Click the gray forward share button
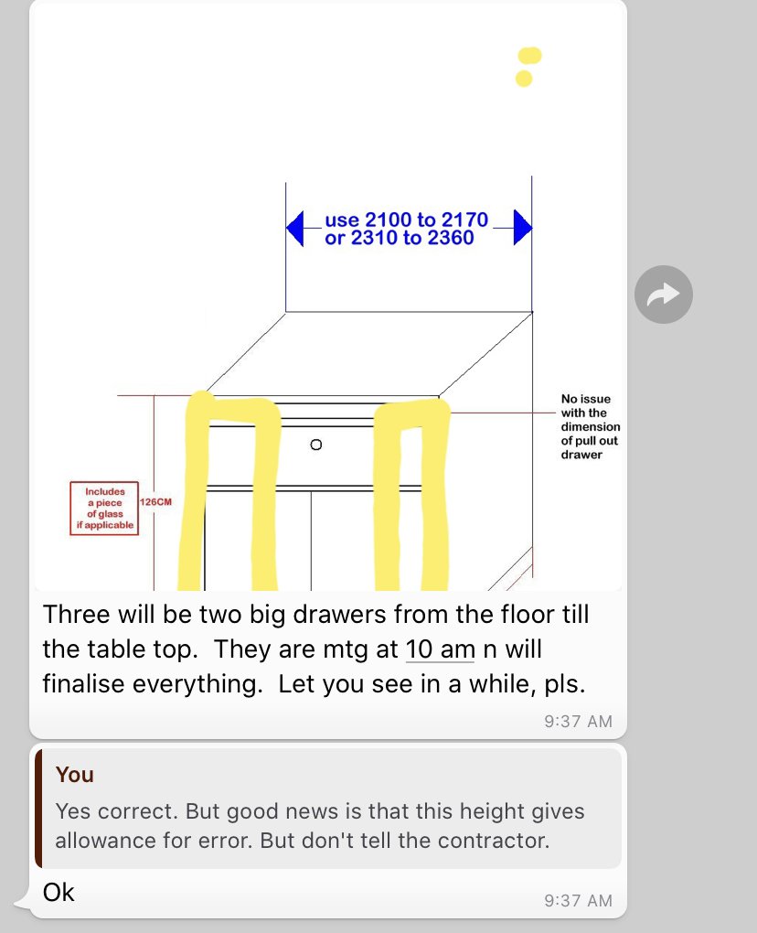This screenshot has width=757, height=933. click(663, 295)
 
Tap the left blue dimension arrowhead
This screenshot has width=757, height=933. click(295, 228)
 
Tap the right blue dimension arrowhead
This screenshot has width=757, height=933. click(523, 227)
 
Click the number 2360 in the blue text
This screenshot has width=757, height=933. click(450, 238)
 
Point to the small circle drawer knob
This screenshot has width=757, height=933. click(316, 445)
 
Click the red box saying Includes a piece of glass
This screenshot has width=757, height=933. click(104, 509)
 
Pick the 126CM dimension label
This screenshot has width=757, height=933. click(155, 502)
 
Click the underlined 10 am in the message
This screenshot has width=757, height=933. click(440, 649)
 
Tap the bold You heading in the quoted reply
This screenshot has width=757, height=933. click(75, 775)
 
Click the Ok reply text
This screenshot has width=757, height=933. click(59, 893)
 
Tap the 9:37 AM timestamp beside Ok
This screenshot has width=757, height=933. click(578, 900)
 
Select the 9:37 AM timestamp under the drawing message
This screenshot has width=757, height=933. click(578, 721)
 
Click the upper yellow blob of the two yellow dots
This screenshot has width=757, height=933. click(529, 55)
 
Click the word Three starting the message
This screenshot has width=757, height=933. click(76, 615)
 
